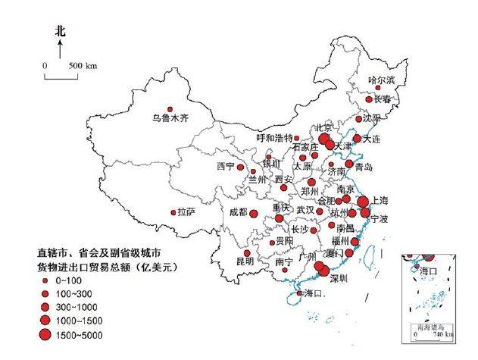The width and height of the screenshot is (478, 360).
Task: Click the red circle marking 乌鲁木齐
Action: (x=170, y=108)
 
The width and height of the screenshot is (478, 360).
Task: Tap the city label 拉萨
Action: (x=186, y=212)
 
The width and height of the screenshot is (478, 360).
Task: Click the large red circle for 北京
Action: (x=325, y=139)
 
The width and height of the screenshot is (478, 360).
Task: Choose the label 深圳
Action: (x=338, y=278)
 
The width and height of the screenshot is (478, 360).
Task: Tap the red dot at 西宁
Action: (x=240, y=167)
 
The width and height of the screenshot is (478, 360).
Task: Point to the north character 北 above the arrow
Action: (x=61, y=31)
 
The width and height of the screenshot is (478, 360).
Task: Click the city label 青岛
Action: (x=363, y=167)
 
